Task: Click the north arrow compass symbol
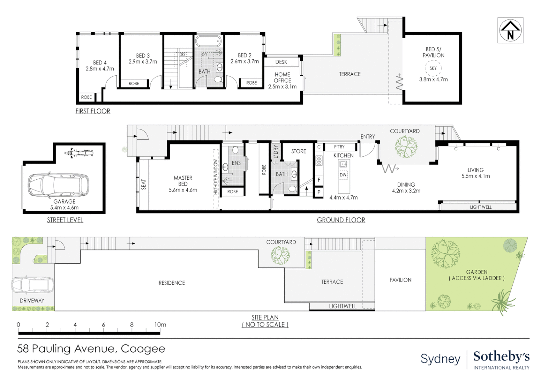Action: pyautogui.click(x=510, y=30)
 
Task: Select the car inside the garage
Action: pyautogui.click(x=58, y=185)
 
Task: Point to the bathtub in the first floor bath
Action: pyautogui.click(x=208, y=41)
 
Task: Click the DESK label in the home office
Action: pyautogui.click(x=281, y=62)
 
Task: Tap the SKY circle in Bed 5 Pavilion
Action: pyautogui.click(x=433, y=68)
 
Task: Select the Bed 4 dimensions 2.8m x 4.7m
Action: pyautogui.click(x=100, y=69)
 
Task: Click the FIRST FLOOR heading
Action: pyautogui.click(x=93, y=111)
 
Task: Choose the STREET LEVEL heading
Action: pyautogui.click(x=65, y=220)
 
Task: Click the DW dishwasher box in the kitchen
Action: pyautogui.click(x=343, y=175)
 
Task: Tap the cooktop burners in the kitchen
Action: pyautogui.click(x=319, y=161)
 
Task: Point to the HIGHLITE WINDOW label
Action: pyautogui.click(x=216, y=177)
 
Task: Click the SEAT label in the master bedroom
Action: pyautogui.click(x=143, y=184)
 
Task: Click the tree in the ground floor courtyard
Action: pyautogui.click(x=406, y=146)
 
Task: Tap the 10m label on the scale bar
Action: pyautogui.click(x=160, y=325)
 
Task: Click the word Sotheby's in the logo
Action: pyautogui.click(x=501, y=357)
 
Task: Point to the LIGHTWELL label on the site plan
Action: pyautogui.click(x=343, y=306)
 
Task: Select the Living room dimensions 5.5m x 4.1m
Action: pyautogui.click(x=475, y=176)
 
